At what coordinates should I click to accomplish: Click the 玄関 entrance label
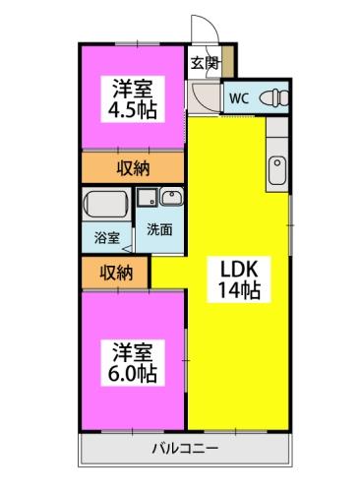(205, 64)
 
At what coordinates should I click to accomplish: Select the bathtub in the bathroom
(104, 206)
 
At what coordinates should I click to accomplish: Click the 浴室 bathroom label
(106, 237)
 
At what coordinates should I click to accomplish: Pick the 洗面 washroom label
(159, 229)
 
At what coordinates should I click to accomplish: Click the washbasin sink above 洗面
(170, 196)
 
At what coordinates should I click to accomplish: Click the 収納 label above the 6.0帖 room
(115, 271)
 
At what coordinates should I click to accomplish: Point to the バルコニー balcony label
(185, 450)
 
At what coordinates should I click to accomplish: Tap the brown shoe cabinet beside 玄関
(229, 62)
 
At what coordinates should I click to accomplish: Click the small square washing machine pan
(146, 196)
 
